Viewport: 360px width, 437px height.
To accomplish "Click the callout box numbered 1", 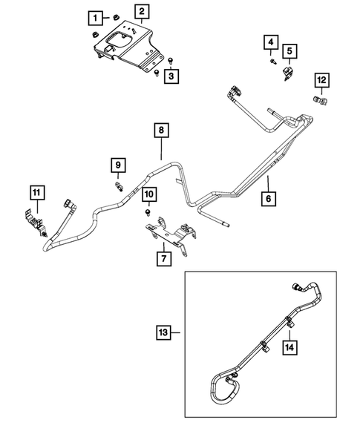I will coord(96,16).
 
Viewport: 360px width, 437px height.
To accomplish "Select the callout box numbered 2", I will coord(141,11).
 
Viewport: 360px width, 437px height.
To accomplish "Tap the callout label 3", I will coord(171,76).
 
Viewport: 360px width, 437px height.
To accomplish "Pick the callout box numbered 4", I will coord(272,43).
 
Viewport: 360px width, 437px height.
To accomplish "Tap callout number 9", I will coord(117,164).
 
